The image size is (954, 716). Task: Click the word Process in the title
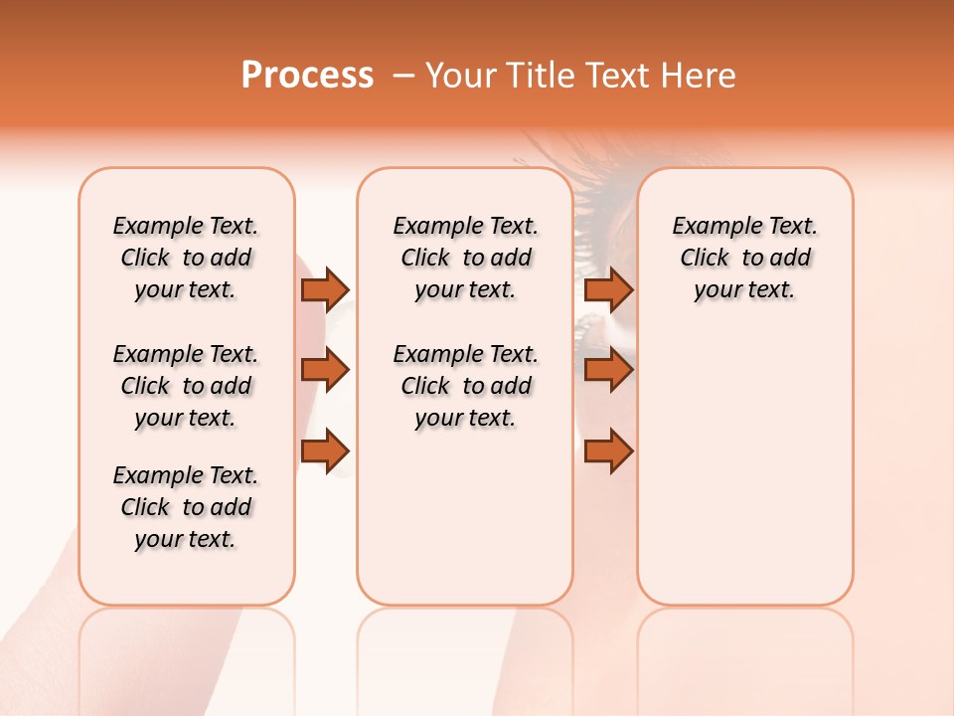click(307, 76)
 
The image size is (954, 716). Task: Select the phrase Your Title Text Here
click(580, 76)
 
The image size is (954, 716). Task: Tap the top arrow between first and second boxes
click(325, 289)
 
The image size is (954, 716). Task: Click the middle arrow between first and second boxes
click(325, 370)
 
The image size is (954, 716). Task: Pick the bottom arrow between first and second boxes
click(325, 451)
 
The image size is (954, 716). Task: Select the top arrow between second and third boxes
click(608, 289)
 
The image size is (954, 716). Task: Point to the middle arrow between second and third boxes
click(608, 370)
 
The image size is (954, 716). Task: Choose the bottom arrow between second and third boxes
click(608, 451)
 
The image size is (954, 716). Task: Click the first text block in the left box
click(186, 258)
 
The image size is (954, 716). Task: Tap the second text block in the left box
click(186, 386)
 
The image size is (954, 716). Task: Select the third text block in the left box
click(186, 507)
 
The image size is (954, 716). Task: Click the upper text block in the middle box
click(465, 258)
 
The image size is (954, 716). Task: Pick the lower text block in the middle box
click(465, 386)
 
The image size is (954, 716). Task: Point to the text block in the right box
click(744, 258)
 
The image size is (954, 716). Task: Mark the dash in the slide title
click(403, 76)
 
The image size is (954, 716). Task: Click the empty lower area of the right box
click(744, 477)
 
